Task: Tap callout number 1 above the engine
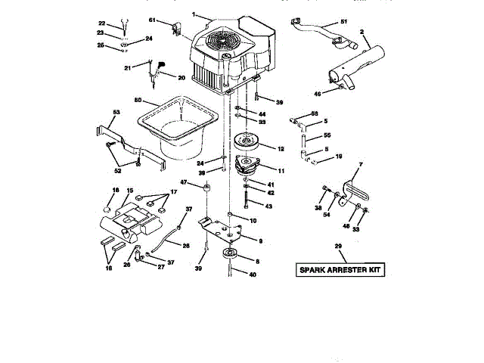point(194,14)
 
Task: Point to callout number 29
point(338,246)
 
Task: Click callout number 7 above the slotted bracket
point(361,164)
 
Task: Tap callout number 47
point(184,182)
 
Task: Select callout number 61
point(151,20)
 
